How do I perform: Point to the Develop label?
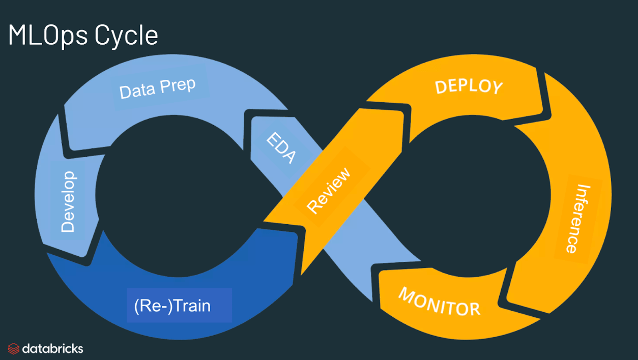point(68,202)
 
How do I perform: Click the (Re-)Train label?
point(172,306)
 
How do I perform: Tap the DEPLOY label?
point(469,87)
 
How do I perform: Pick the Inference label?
point(574,219)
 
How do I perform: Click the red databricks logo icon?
point(14,349)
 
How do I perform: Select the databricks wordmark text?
point(52,349)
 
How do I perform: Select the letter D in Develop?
point(68,226)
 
